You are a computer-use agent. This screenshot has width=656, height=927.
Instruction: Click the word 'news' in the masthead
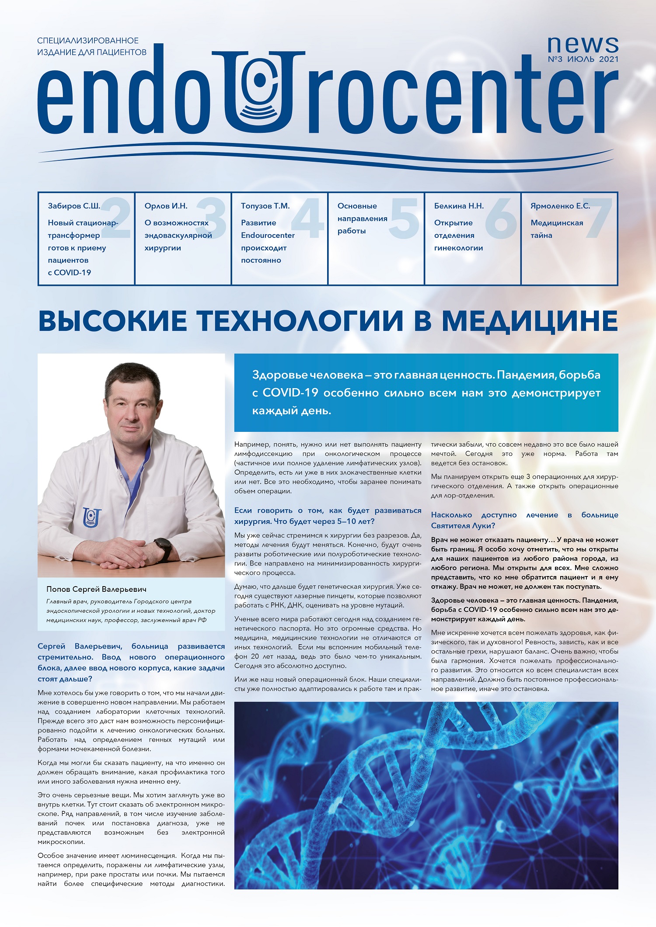coord(583,44)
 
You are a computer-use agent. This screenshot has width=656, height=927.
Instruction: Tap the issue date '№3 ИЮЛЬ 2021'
coord(583,59)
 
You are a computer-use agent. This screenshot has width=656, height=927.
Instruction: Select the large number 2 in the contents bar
coord(115,218)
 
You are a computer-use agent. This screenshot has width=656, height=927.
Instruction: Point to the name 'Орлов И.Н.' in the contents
coord(166,206)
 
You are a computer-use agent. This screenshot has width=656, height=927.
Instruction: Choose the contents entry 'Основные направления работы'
coord(362,218)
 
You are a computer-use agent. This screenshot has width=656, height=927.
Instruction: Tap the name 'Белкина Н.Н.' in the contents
coord(459,206)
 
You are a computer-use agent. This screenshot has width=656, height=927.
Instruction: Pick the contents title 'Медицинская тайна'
coord(557,229)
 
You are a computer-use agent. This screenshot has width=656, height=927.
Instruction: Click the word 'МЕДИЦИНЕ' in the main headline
coord(530,321)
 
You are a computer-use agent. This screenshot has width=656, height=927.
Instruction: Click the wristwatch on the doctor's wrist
coord(164,549)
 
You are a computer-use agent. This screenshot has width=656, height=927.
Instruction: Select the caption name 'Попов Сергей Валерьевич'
coord(96,589)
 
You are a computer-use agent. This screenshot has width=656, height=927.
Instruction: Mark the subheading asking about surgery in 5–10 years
coord(328,516)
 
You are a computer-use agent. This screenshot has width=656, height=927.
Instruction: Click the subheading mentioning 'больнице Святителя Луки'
coord(524,520)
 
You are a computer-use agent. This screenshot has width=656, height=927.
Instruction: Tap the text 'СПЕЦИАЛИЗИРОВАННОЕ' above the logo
coord(88,41)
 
